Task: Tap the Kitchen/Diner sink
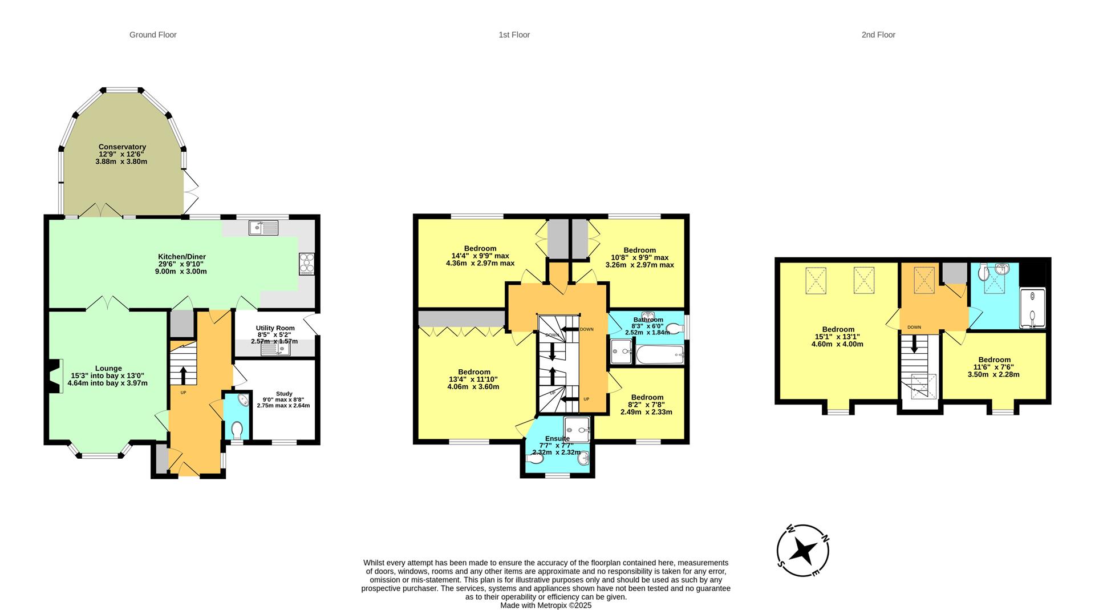[263, 228]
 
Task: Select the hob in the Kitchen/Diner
[306, 264]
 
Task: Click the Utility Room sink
[276, 348]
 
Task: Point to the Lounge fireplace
[55, 376]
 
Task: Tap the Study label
[283, 394]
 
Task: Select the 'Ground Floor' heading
[153, 35]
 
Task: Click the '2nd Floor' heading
[878, 35]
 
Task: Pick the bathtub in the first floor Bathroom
[659, 355]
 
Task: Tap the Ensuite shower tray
[577, 430]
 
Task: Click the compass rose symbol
[803, 551]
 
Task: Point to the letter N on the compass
[825, 539]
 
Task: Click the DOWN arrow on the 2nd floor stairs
[914, 344]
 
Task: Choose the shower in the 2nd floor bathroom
[1032, 309]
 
